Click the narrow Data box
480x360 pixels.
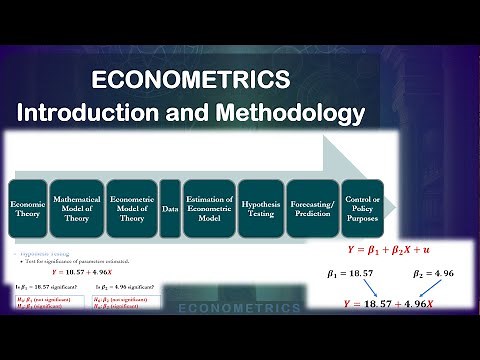coord(170,207)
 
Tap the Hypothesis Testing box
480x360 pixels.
coord(260,207)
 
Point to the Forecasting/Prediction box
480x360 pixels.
coord(311,207)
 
